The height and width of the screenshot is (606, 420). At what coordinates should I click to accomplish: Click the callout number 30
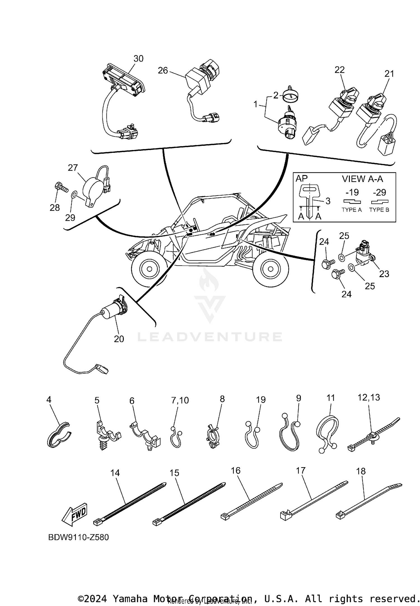coord(138,59)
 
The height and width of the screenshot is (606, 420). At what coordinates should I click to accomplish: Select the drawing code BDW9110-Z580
coord(78,537)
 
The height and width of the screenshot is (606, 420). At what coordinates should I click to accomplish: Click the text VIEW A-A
coord(362,179)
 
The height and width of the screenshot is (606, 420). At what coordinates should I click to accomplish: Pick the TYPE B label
coord(379,210)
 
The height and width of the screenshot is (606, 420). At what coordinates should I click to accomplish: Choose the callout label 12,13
coord(369,397)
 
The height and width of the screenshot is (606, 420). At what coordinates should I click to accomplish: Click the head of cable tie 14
coord(97,522)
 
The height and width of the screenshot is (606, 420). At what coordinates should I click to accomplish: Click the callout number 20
coord(119,339)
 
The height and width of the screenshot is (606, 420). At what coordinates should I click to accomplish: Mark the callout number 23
coord(384,274)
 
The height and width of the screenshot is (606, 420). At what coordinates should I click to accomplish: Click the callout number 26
coord(163,70)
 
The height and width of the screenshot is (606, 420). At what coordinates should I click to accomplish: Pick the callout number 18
coord(361,471)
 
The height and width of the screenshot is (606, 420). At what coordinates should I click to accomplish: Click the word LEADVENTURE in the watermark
coord(210,337)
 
